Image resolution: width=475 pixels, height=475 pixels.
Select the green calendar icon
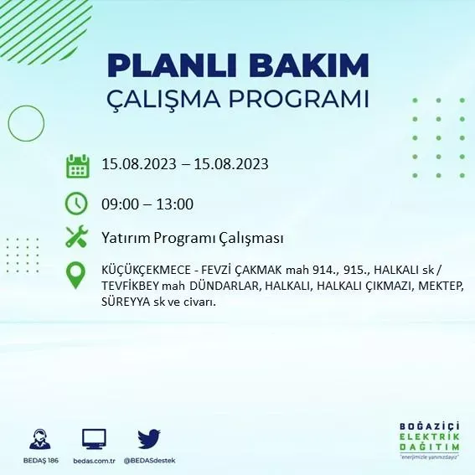point(77,166)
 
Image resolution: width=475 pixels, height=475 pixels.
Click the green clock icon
point(76,204)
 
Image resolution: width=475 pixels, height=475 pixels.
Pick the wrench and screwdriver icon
point(76,238)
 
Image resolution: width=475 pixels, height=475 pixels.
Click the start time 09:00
point(118,204)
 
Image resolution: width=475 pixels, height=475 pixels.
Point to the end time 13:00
point(176,204)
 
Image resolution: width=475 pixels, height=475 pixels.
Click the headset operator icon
point(39,439)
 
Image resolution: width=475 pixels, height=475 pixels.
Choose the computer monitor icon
point(94,439)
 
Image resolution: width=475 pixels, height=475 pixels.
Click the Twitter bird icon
point(149,439)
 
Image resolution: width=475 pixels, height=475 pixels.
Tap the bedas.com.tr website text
point(93,461)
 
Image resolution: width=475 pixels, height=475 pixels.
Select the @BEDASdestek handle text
point(149,461)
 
